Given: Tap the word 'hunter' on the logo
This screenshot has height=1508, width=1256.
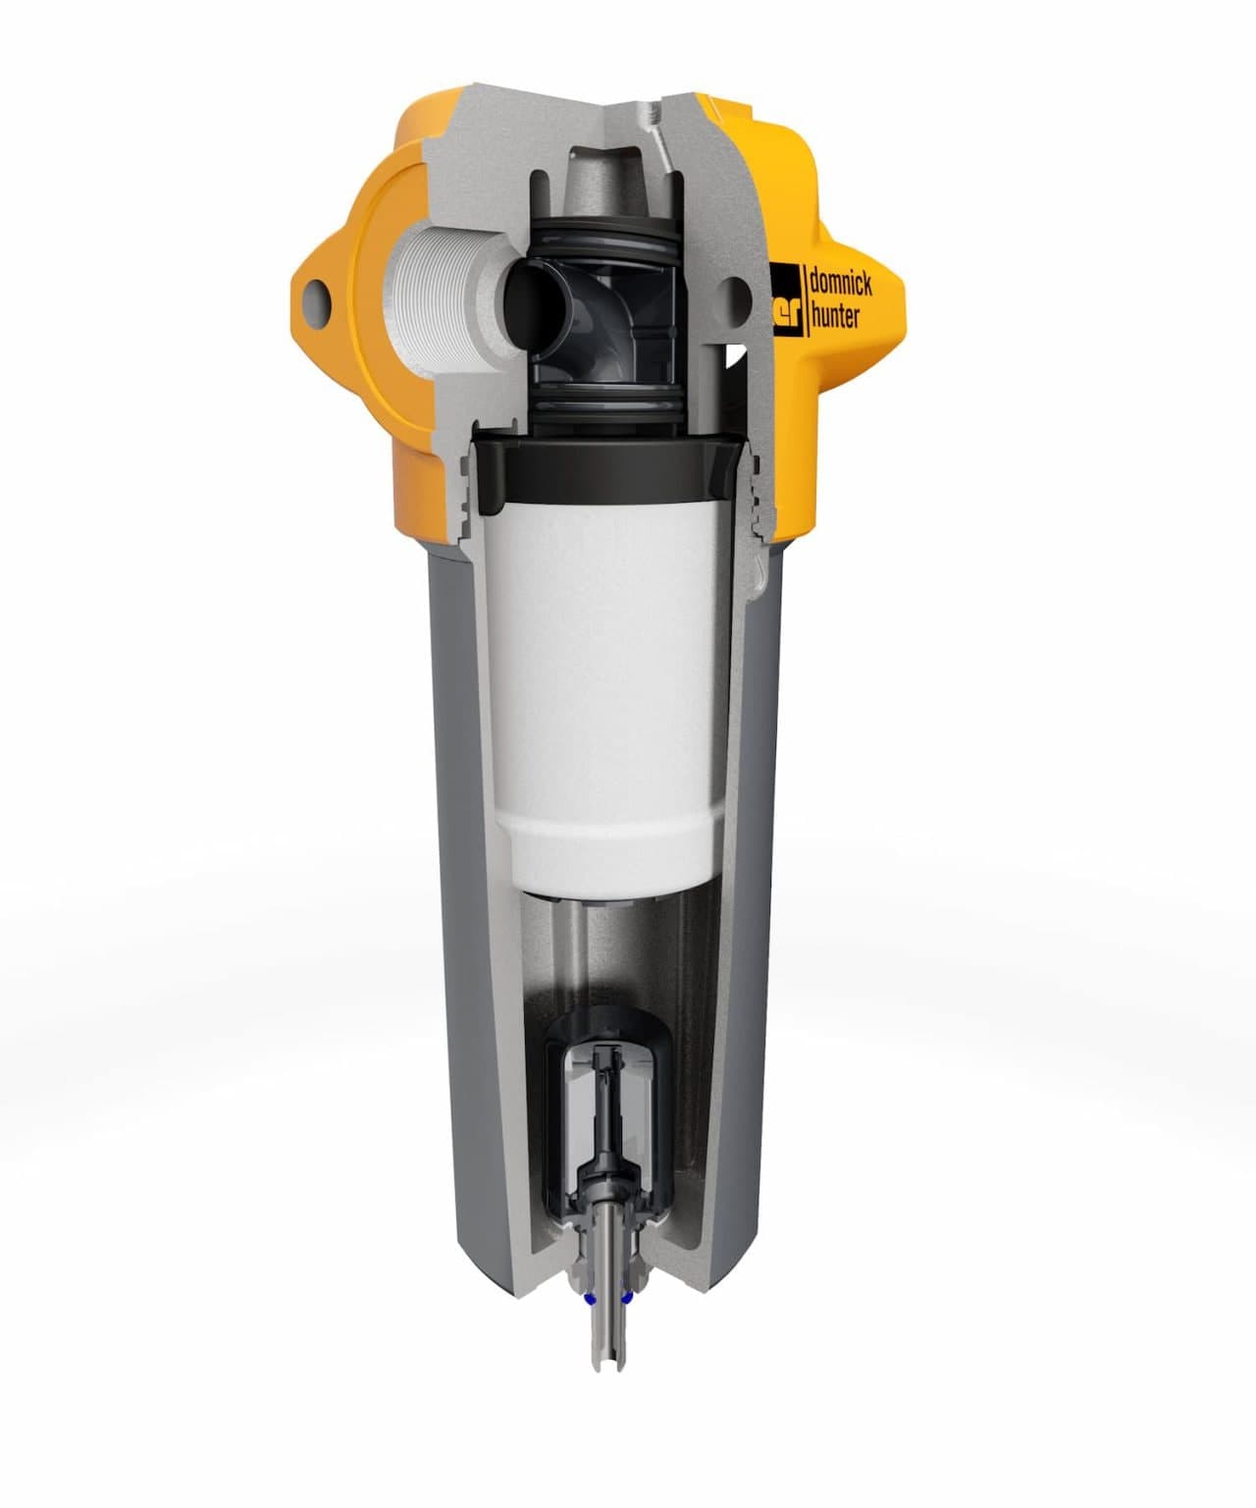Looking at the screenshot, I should [x=833, y=316].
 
